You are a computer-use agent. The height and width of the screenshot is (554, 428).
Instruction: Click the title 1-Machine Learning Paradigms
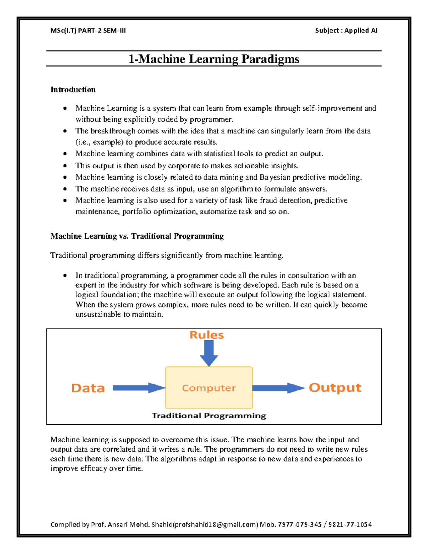tap(214, 59)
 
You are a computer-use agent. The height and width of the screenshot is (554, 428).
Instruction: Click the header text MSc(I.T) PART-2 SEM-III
tap(88, 31)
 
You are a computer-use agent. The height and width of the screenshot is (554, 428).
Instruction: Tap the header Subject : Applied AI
tap(346, 31)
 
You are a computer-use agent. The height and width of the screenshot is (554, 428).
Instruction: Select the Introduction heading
tap(73, 90)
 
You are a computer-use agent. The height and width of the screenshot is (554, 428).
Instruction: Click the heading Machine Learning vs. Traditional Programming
tap(137, 236)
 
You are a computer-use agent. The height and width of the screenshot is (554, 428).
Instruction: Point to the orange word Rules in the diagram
tap(207, 335)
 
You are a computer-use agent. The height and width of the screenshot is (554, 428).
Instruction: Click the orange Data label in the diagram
tap(88, 388)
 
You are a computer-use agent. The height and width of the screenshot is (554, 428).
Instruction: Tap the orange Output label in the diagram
tap(335, 388)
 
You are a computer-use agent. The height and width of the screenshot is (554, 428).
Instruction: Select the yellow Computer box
tap(209, 388)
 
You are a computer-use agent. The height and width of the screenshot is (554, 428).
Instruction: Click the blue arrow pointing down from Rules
tap(209, 353)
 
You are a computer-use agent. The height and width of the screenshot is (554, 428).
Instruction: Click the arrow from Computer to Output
tap(278, 388)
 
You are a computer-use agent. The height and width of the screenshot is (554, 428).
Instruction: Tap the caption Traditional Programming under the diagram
tap(209, 416)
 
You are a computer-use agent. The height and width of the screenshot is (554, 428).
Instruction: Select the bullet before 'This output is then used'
tap(65, 166)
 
